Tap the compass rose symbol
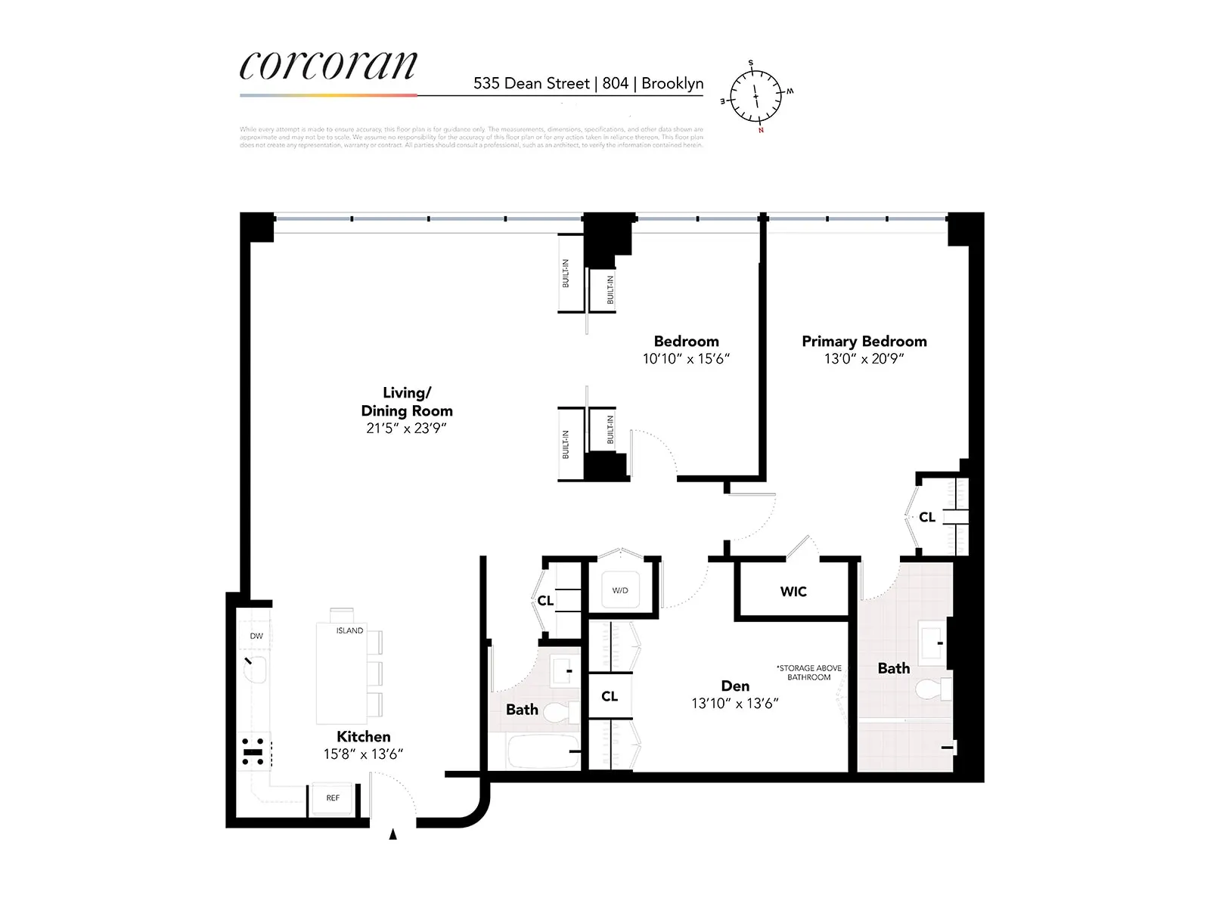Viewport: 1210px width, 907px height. [x=755, y=97]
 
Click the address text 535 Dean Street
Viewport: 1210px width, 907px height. [x=531, y=84]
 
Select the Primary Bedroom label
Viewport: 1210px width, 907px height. [x=864, y=342]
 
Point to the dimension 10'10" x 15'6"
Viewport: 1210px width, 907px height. [x=686, y=359]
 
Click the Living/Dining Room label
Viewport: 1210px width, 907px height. [x=407, y=401]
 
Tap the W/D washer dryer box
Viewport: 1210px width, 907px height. [x=620, y=590]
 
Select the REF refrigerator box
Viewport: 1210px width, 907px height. [x=333, y=798]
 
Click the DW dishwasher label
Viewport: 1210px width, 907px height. [x=256, y=636]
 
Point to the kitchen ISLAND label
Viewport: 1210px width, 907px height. [x=349, y=630]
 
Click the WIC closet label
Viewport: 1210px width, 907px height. [x=793, y=592]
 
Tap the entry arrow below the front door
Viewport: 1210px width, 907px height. [x=392, y=834]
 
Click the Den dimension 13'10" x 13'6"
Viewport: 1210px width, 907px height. [x=734, y=704]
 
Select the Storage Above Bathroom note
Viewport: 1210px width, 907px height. [x=808, y=673]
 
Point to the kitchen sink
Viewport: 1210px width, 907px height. [x=256, y=670]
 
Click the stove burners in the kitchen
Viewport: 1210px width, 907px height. [x=253, y=751]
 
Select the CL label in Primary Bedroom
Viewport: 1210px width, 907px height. [x=927, y=518]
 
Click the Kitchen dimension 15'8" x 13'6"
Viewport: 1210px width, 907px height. [x=363, y=754]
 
